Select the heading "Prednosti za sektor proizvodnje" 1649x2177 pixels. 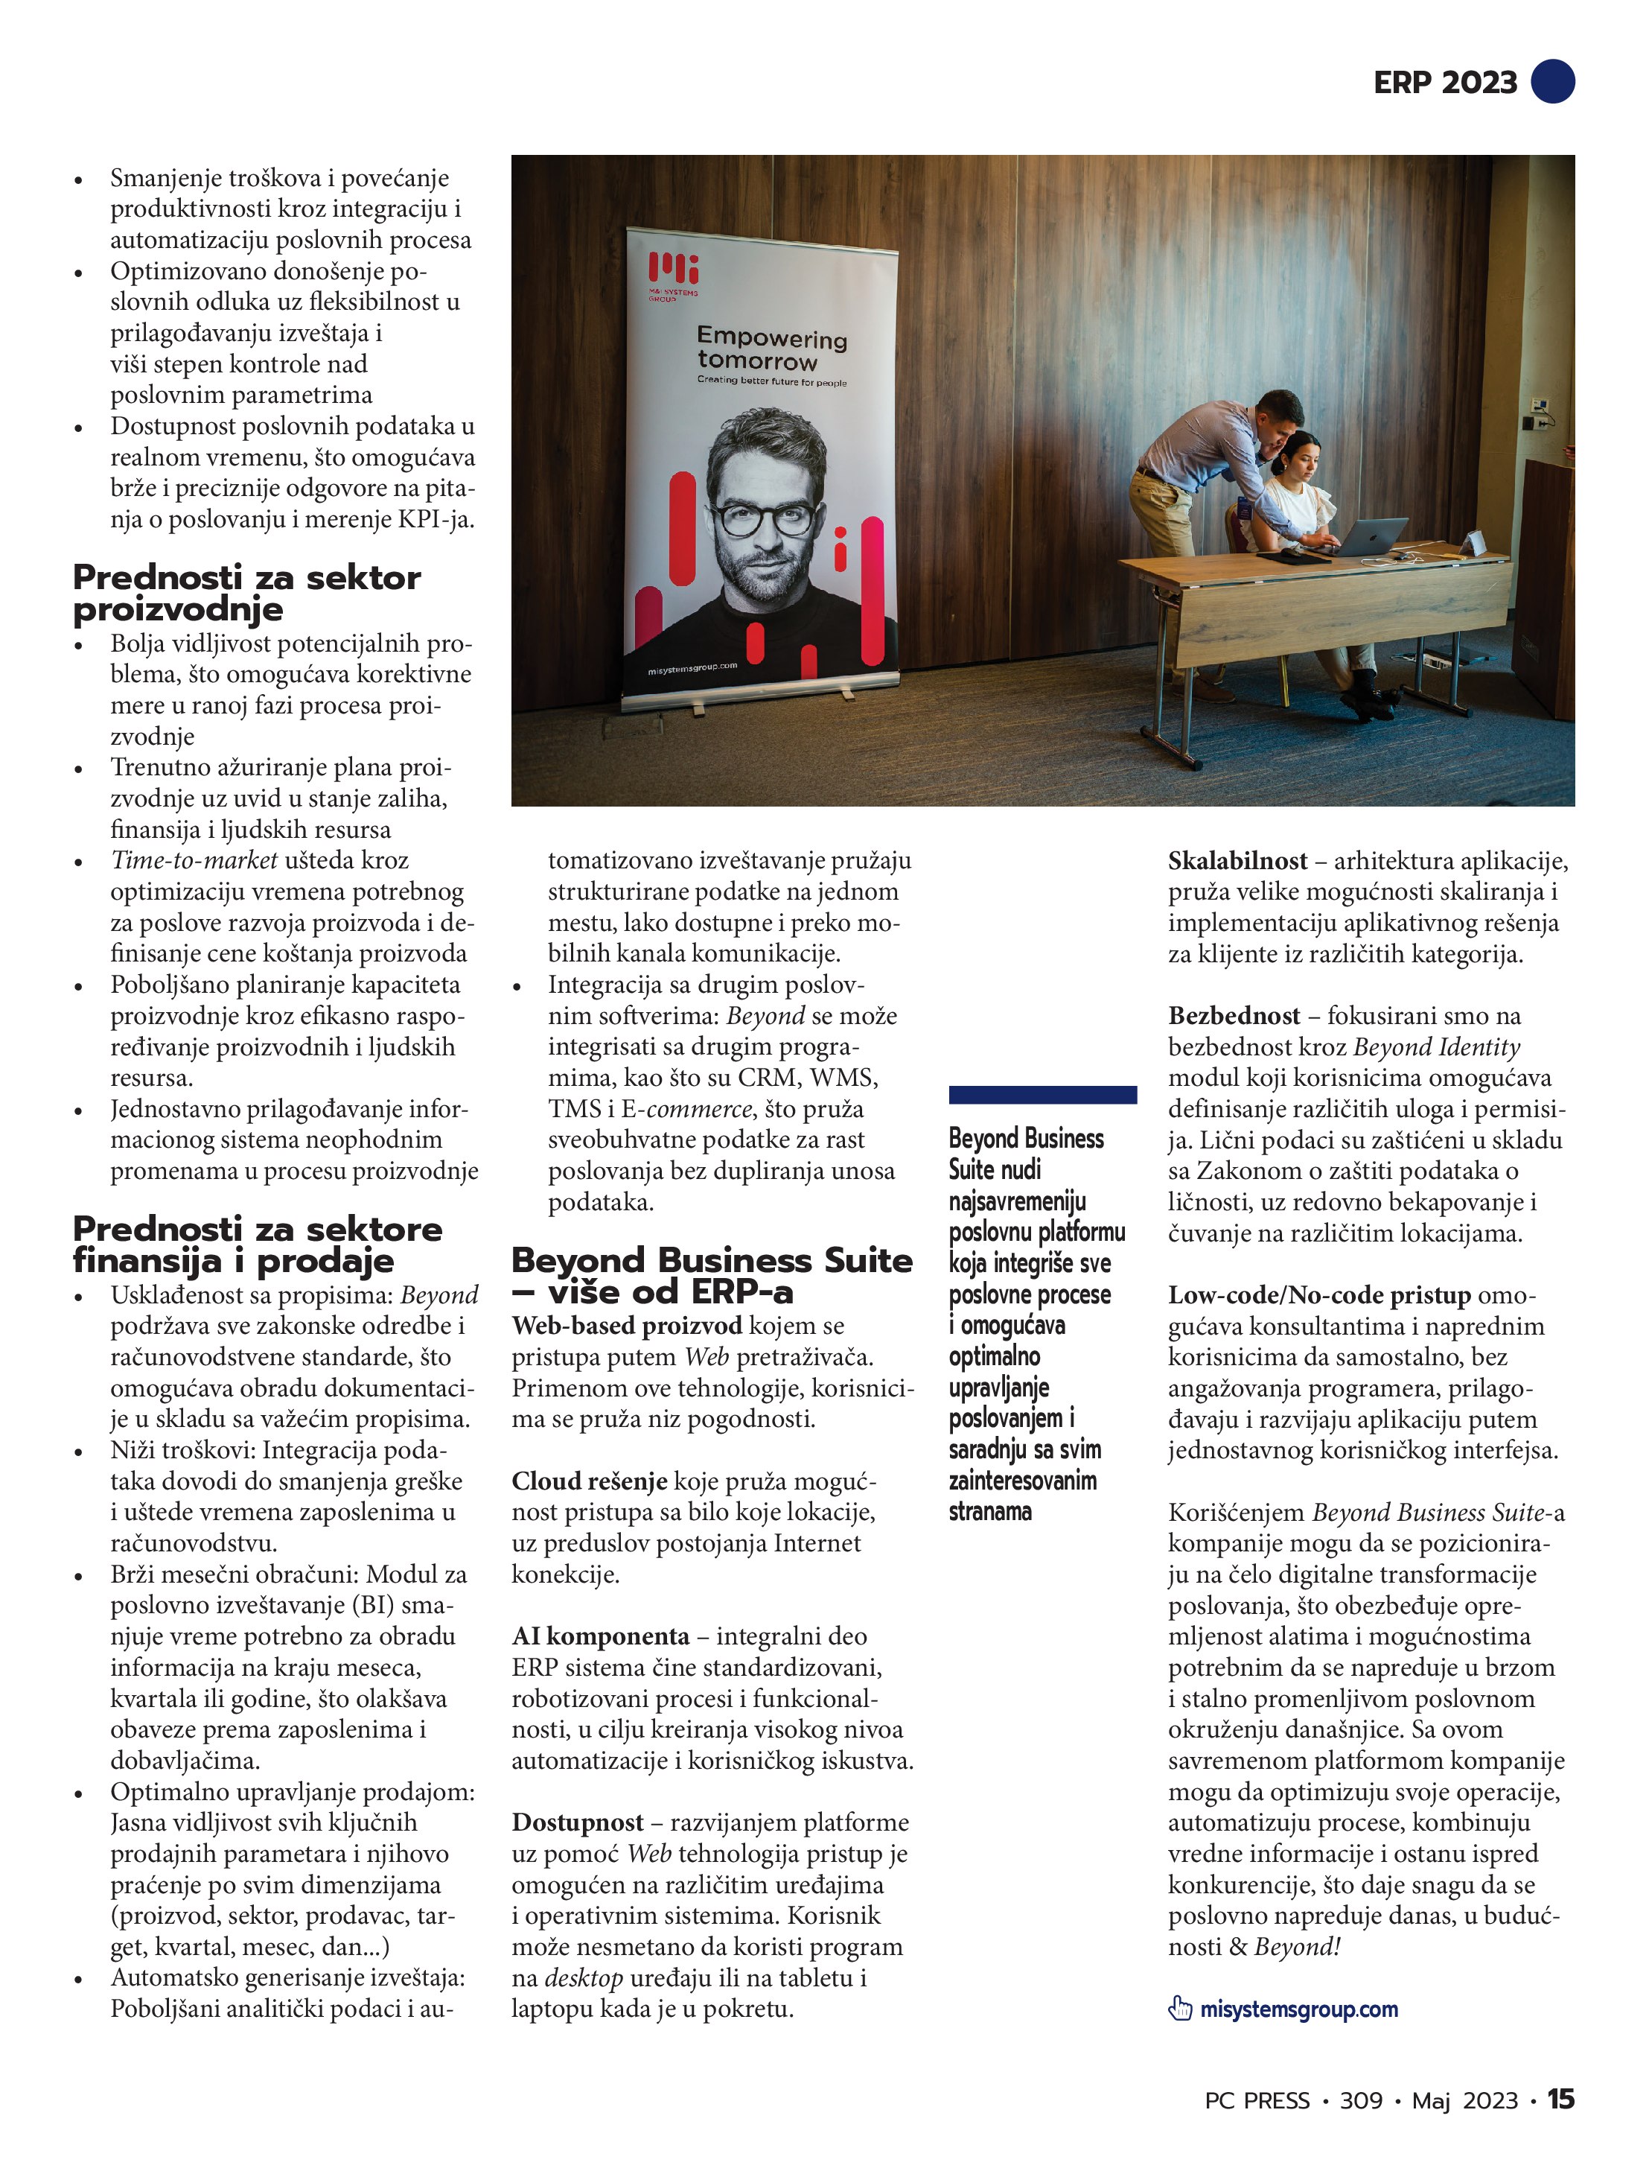click(246, 593)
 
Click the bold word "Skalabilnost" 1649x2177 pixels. click(1237, 861)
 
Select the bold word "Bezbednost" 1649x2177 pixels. click(1234, 1016)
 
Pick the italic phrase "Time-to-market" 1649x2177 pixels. click(194, 860)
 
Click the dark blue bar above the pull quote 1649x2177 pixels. click(1042, 1094)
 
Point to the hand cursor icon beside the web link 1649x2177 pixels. click(1180, 2009)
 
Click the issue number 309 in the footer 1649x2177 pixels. click(1361, 2100)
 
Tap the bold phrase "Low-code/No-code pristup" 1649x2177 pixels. click(1318, 1295)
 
